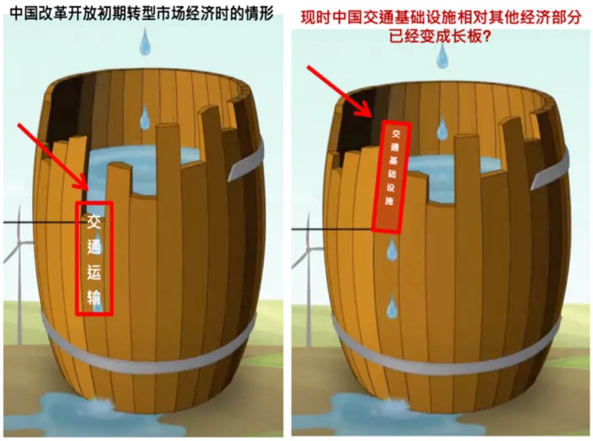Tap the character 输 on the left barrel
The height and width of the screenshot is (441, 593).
tap(94, 297)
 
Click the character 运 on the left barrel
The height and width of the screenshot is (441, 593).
tap(94, 272)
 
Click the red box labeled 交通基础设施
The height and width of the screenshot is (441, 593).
tap(391, 177)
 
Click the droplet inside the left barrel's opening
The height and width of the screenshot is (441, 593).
tap(144, 117)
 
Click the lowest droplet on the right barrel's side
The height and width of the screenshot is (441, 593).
tap(392, 306)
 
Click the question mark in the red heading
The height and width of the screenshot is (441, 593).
tap(486, 36)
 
